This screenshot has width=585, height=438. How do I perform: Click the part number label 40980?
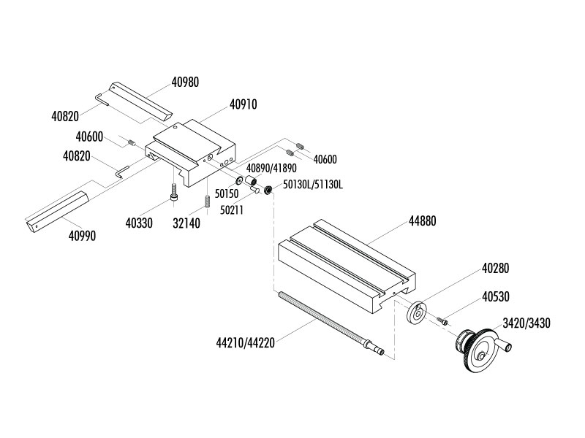[185, 82]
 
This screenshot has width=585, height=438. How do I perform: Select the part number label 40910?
[244, 104]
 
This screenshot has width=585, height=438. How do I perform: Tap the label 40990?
[82, 236]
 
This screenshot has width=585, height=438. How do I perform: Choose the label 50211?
[233, 210]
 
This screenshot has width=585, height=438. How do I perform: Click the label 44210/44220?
[245, 342]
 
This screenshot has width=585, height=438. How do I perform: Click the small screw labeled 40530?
[442, 319]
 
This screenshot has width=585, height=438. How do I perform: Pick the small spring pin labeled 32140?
[208, 199]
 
